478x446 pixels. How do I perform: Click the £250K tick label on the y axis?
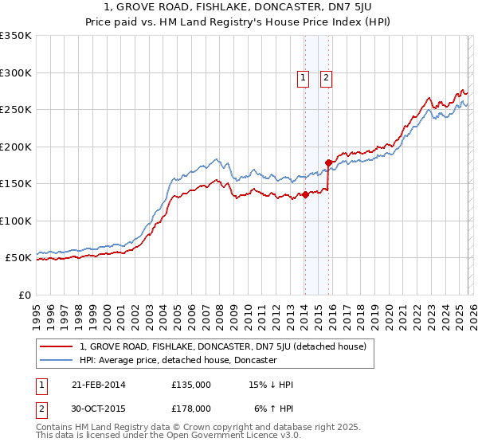click(16, 110)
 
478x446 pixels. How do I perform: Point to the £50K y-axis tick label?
click(18, 258)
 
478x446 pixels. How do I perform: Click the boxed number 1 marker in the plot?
click(304, 77)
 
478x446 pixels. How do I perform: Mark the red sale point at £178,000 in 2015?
click(328, 163)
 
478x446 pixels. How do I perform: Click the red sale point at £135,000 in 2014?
click(305, 194)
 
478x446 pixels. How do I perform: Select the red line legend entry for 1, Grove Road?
click(222, 346)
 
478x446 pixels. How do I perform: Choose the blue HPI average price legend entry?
click(177, 360)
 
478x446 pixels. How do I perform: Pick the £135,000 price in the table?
click(191, 385)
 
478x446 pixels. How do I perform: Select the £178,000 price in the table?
click(191, 408)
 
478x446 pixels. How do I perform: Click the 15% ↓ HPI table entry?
click(272, 385)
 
